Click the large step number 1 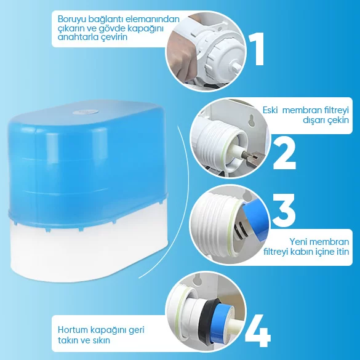257,49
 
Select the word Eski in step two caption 270,110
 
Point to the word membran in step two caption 299,110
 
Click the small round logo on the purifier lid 86,112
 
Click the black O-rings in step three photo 240,229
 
